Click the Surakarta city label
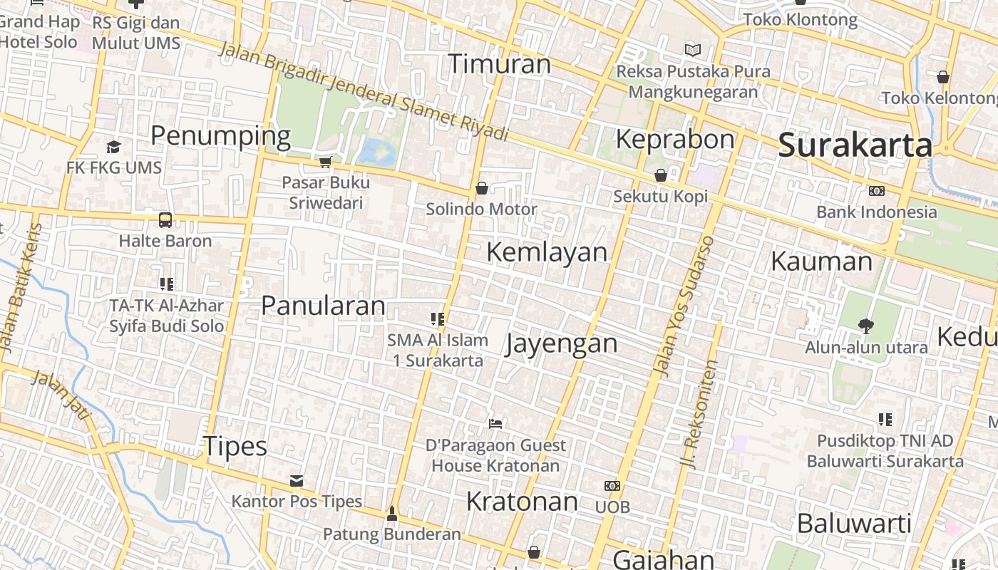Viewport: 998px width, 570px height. click(855, 145)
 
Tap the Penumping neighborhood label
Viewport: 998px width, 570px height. click(220, 135)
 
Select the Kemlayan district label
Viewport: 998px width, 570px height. click(547, 252)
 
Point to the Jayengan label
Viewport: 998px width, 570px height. click(561, 343)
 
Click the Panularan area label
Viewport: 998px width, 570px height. click(323, 306)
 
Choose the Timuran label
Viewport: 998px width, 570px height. click(499, 64)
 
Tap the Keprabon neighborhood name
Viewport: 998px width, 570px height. click(674, 139)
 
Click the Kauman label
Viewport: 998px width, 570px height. click(821, 261)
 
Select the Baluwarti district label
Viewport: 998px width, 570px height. click(854, 524)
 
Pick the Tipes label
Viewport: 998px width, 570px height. click(235, 447)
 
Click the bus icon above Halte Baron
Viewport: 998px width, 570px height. click(165, 219)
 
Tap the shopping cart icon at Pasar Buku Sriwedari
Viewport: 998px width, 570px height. click(326, 162)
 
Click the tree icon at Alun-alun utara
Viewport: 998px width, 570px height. click(866, 326)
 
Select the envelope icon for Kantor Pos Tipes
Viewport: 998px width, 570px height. click(297, 481)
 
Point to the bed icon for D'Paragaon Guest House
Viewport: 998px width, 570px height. click(495, 424)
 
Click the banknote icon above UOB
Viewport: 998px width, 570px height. click(612, 486)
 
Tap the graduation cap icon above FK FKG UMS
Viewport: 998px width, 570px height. click(113, 147)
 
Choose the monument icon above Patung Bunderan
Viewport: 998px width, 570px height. click(391, 513)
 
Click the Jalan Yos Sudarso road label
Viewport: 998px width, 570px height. click(683, 306)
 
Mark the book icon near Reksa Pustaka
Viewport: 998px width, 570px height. click(692, 50)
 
